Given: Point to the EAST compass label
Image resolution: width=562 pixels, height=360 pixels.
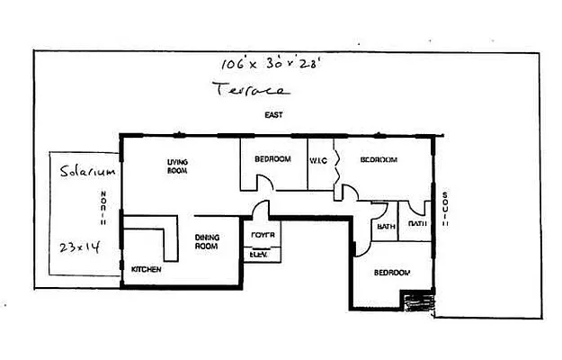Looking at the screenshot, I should point(273,115).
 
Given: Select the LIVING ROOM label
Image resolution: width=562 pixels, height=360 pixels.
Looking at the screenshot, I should point(176,166).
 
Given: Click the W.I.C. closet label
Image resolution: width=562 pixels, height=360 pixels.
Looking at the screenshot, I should point(319,159).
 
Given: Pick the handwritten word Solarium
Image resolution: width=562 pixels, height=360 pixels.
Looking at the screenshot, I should point(84,170).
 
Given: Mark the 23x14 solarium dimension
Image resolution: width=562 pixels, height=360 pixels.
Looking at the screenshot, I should point(78,246).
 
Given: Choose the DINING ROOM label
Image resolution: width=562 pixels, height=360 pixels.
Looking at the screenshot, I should point(208,242).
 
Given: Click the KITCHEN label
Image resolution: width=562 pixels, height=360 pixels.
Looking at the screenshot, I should point(146,269).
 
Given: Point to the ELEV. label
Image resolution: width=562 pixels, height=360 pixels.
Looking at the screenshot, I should point(259,254).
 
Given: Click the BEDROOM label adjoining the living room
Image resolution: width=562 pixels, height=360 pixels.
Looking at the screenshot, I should point(272,159).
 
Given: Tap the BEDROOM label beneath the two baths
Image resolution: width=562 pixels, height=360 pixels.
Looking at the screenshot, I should point(392,272).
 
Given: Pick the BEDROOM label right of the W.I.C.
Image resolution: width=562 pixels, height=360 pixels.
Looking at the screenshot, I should point(379,159).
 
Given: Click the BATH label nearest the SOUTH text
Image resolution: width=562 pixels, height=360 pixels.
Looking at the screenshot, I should point(417,224).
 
